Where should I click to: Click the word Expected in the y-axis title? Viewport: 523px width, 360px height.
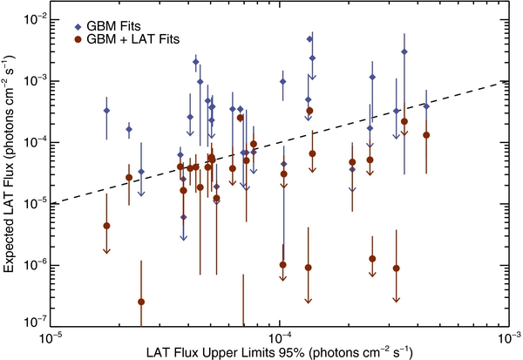tap(14, 246)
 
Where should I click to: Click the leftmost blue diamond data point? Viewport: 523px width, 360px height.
tap(106, 111)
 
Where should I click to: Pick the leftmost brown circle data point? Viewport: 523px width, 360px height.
tap(106, 226)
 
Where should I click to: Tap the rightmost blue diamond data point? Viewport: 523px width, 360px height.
tap(426, 105)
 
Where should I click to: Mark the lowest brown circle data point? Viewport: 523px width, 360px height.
tap(141, 302)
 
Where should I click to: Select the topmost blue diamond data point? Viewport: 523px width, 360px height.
tap(309, 39)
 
